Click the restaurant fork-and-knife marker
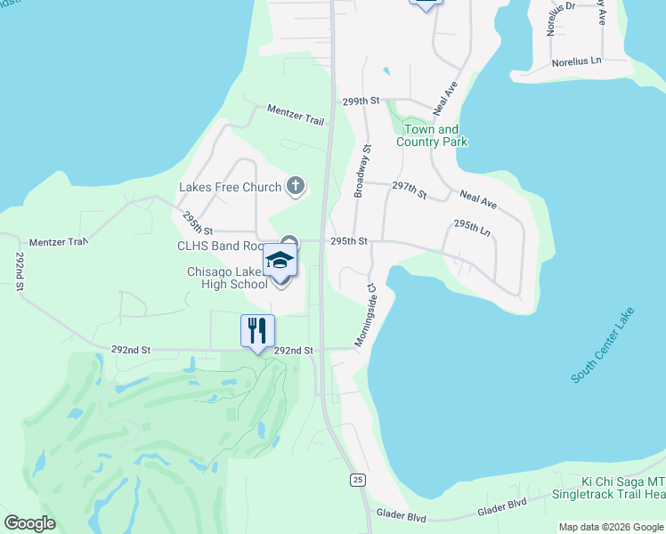pyautogui.click(x=257, y=331)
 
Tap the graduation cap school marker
pyautogui.click(x=280, y=261)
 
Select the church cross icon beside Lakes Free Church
pyautogui.click(x=296, y=187)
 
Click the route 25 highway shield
pyautogui.click(x=357, y=480)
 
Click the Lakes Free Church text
pyautogui.click(x=231, y=188)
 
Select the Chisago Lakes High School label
pyautogui.click(x=226, y=279)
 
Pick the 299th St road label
pyautogui.click(x=361, y=102)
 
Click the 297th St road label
pyautogui.click(x=410, y=190)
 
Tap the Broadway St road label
pyautogui.click(x=361, y=171)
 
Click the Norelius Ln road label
pyautogui.click(x=577, y=62)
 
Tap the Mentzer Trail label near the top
pyautogui.click(x=296, y=114)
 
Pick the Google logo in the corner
pyautogui.click(x=30, y=523)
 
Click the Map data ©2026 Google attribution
pyautogui.click(x=611, y=527)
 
